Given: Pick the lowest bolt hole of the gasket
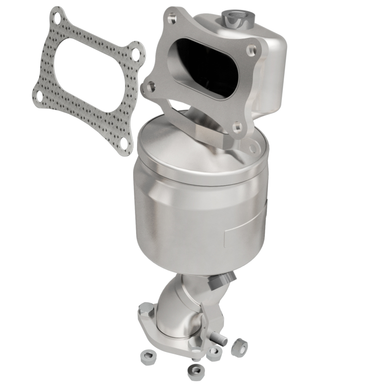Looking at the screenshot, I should pos(124,143).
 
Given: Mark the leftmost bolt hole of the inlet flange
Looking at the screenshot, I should pos(148,88).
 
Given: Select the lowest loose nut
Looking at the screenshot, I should pos(195,372).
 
